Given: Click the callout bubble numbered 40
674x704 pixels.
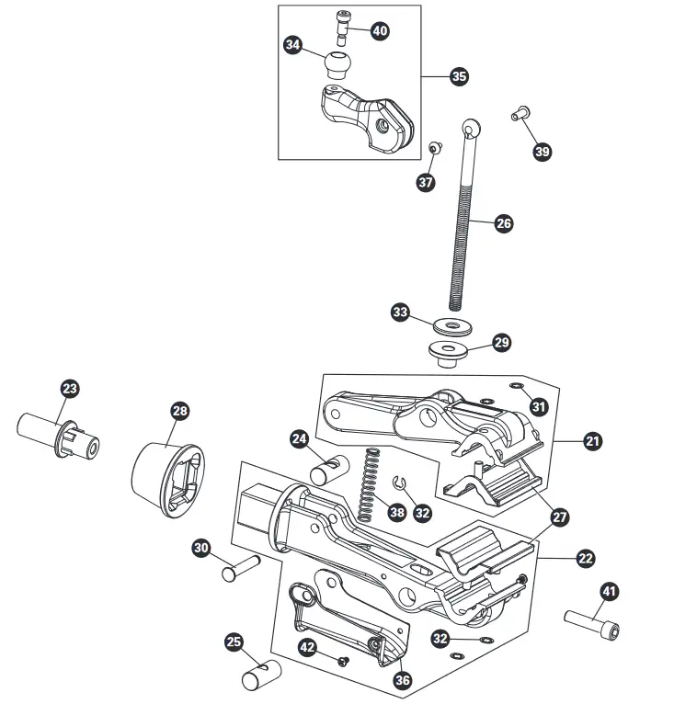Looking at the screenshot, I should pos(379,30).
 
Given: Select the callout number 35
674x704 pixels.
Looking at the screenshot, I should pos(458,76).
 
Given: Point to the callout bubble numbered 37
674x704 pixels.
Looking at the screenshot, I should pos(425,182).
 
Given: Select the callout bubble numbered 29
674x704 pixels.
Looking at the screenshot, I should pos(500,343).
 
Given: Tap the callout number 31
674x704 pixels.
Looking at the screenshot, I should pos(538,405).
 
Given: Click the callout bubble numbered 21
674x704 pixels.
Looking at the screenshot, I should pos(592,442).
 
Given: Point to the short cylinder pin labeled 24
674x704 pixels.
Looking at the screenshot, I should pos(326,470).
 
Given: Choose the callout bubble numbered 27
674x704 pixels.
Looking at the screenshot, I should pos(560,518).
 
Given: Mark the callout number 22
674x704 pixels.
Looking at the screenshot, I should pos(585,557).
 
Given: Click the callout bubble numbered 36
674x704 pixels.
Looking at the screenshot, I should pos(401,680).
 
